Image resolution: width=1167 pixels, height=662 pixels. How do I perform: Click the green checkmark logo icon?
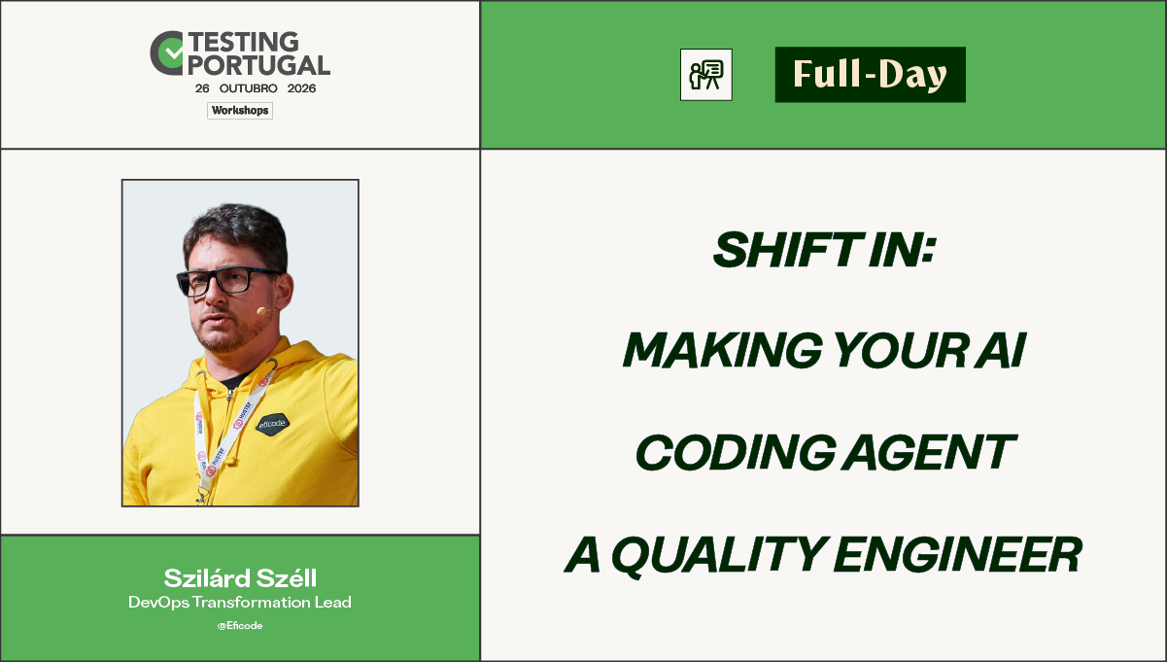click(167, 52)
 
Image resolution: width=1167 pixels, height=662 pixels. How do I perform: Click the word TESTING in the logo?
click(244, 42)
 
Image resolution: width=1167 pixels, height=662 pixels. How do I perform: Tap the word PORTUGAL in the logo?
click(258, 65)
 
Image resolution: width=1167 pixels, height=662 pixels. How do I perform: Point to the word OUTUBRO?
click(248, 88)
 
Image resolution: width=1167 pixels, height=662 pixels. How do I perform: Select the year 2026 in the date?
click(301, 88)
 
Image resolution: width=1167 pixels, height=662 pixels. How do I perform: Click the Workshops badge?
click(240, 111)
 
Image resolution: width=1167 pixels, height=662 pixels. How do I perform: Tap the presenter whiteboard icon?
click(705, 75)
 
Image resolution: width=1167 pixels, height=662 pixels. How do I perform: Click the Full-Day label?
click(870, 75)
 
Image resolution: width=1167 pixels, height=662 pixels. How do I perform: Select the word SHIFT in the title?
click(786, 250)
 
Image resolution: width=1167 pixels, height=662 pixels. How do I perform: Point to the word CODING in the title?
click(736, 451)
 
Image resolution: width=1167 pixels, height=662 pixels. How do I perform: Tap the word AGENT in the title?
click(930, 451)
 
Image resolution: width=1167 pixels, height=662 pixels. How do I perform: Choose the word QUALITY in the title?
click(719, 555)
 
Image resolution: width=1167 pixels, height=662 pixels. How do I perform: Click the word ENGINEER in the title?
click(958, 554)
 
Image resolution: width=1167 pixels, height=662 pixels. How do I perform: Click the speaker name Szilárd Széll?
click(240, 577)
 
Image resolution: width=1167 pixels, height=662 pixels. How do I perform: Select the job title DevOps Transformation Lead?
click(240, 603)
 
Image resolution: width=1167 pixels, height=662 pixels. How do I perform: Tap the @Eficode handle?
click(240, 625)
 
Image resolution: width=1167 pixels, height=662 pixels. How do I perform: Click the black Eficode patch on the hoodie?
click(272, 423)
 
